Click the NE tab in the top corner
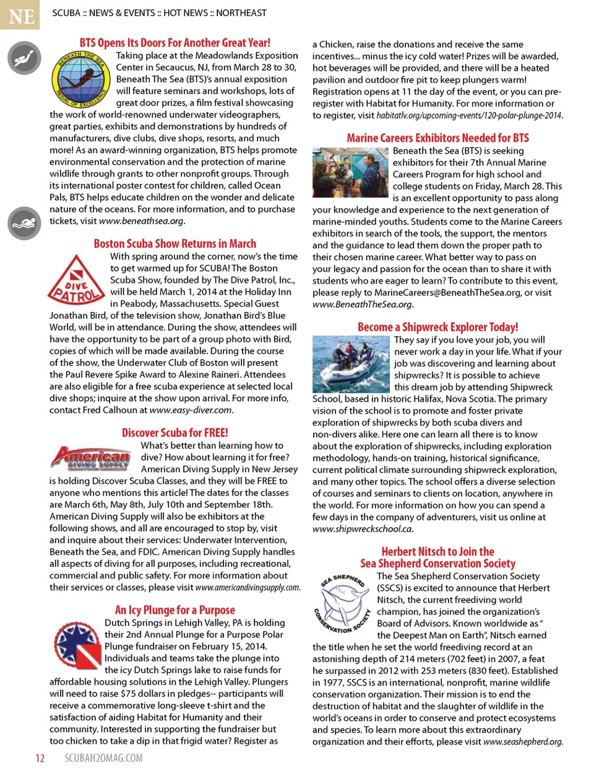click(20, 15)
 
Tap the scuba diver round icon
click(24, 58)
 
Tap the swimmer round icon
click(24, 223)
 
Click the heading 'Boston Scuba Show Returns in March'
click(174, 244)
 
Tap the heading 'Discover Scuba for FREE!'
click(174, 433)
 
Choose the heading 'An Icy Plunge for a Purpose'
click(174, 610)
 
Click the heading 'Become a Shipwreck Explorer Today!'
click(437, 327)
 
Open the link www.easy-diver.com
click(191, 410)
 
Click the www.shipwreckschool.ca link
click(362, 529)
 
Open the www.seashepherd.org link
click(522, 742)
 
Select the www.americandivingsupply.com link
click(247, 588)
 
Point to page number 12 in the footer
click(40, 758)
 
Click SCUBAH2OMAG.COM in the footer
click(103, 758)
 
